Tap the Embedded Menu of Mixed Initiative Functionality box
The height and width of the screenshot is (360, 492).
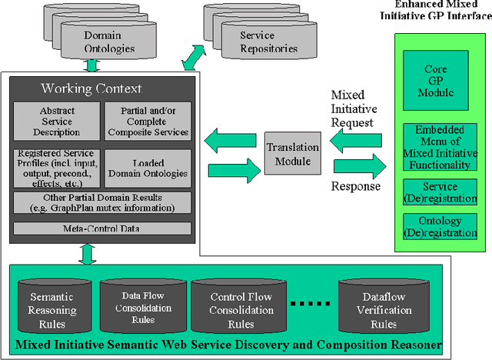(435, 148)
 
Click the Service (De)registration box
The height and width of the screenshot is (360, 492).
(435, 192)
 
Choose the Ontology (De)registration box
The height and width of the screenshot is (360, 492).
(435, 227)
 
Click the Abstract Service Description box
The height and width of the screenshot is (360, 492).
(57, 121)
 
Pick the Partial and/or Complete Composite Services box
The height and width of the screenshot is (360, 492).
(146, 121)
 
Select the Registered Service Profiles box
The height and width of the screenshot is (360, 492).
(57, 164)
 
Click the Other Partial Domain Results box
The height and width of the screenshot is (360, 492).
(101, 204)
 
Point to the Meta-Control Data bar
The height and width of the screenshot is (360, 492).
(101, 228)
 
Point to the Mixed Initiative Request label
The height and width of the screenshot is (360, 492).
(353, 108)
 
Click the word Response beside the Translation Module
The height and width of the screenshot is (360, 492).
(355, 186)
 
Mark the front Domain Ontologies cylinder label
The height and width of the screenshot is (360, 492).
(108, 43)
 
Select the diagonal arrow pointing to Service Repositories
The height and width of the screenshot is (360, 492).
(193, 56)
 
